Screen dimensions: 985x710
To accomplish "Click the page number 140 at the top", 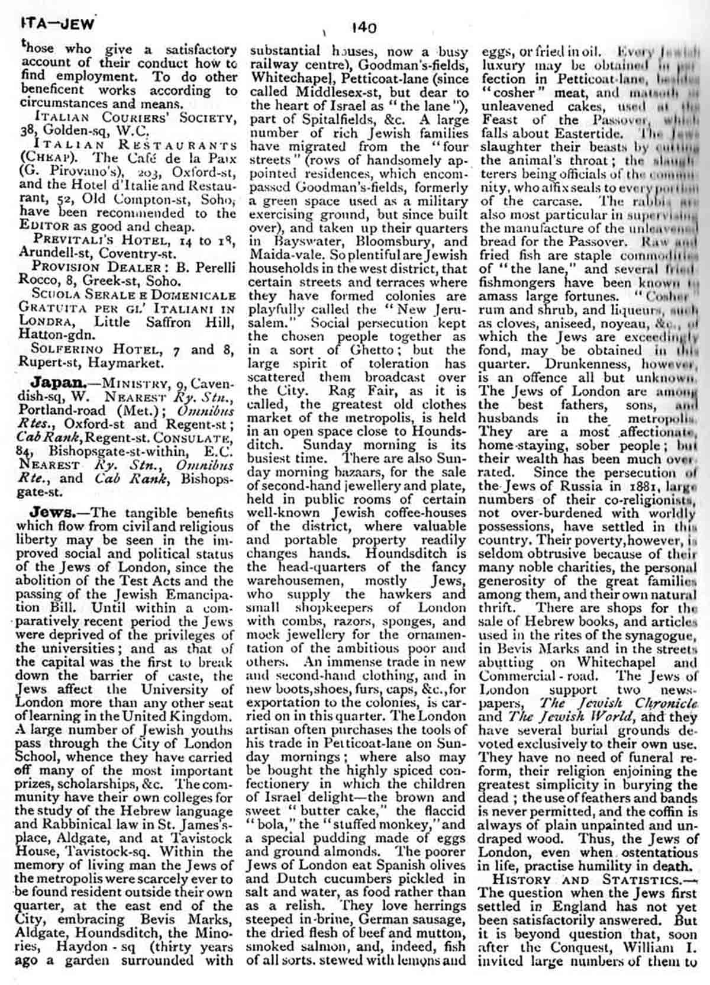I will tap(363, 27).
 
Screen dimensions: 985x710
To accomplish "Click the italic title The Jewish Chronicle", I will tap(617, 704).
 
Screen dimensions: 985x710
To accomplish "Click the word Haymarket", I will tap(125, 362).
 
